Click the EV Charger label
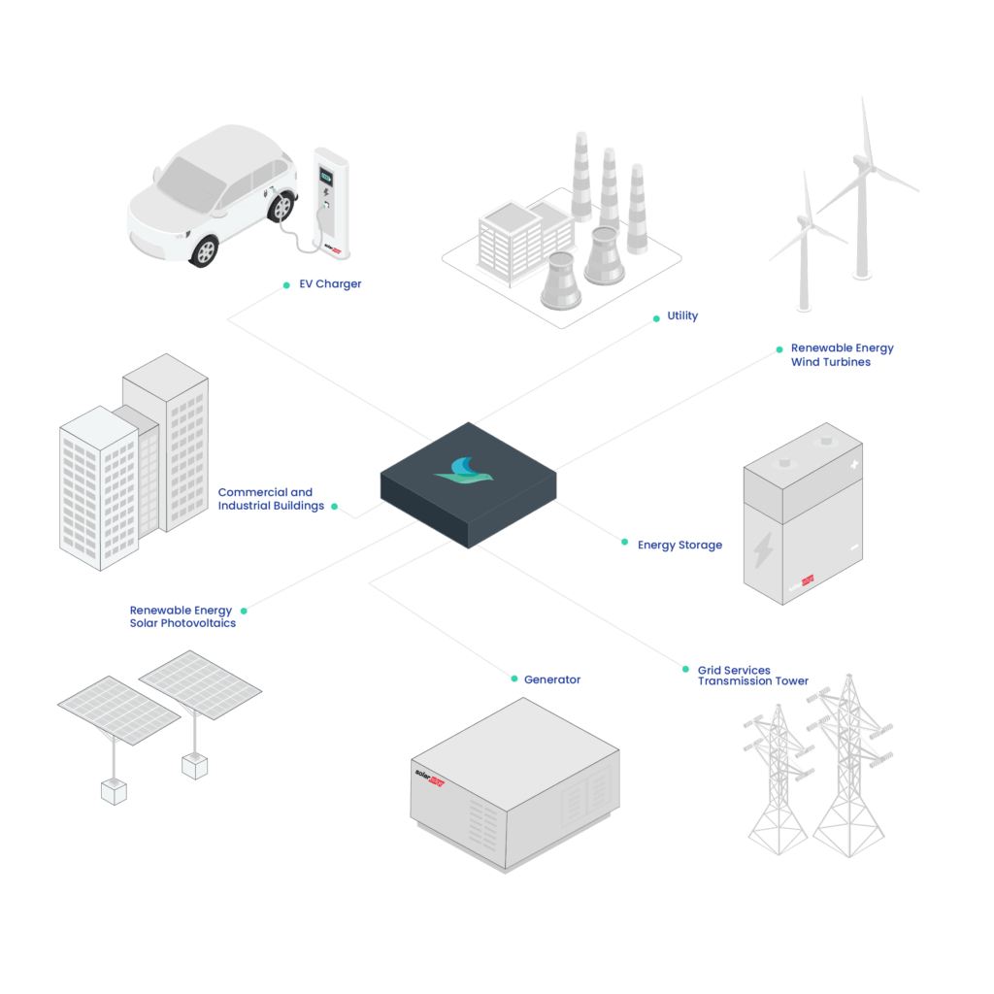tap(330, 284)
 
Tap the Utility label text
tap(682, 315)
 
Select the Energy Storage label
tap(679, 546)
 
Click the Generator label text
tap(552, 679)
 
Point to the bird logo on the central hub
tap(464, 471)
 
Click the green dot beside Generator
tap(514, 679)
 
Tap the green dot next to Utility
tap(656, 318)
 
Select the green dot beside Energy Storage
tap(624, 542)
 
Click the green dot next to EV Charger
tap(286, 285)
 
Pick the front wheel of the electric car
tap(206, 251)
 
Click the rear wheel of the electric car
tap(282, 207)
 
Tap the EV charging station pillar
tap(332, 203)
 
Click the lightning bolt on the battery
tap(763, 549)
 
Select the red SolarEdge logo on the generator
tap(430, 778)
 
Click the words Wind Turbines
tap(831, 363)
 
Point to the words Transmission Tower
tap(753, 681)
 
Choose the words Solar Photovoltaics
tap(182, 624)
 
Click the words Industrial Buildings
tap(271, 506)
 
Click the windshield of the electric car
tap(191, 183)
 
